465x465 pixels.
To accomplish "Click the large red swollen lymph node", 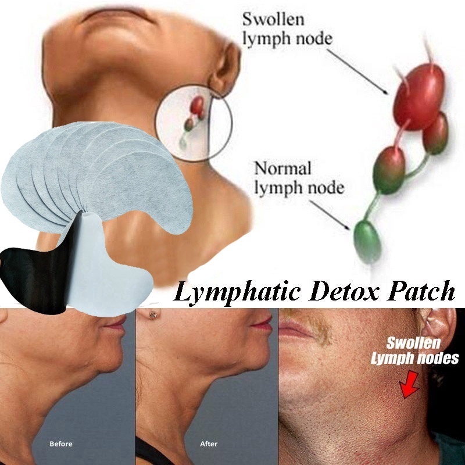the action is [419, 96].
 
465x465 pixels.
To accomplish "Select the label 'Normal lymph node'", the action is [298, 178].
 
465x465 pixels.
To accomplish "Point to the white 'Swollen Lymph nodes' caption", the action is [414, 350].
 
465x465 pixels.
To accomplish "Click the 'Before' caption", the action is [61, 445].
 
